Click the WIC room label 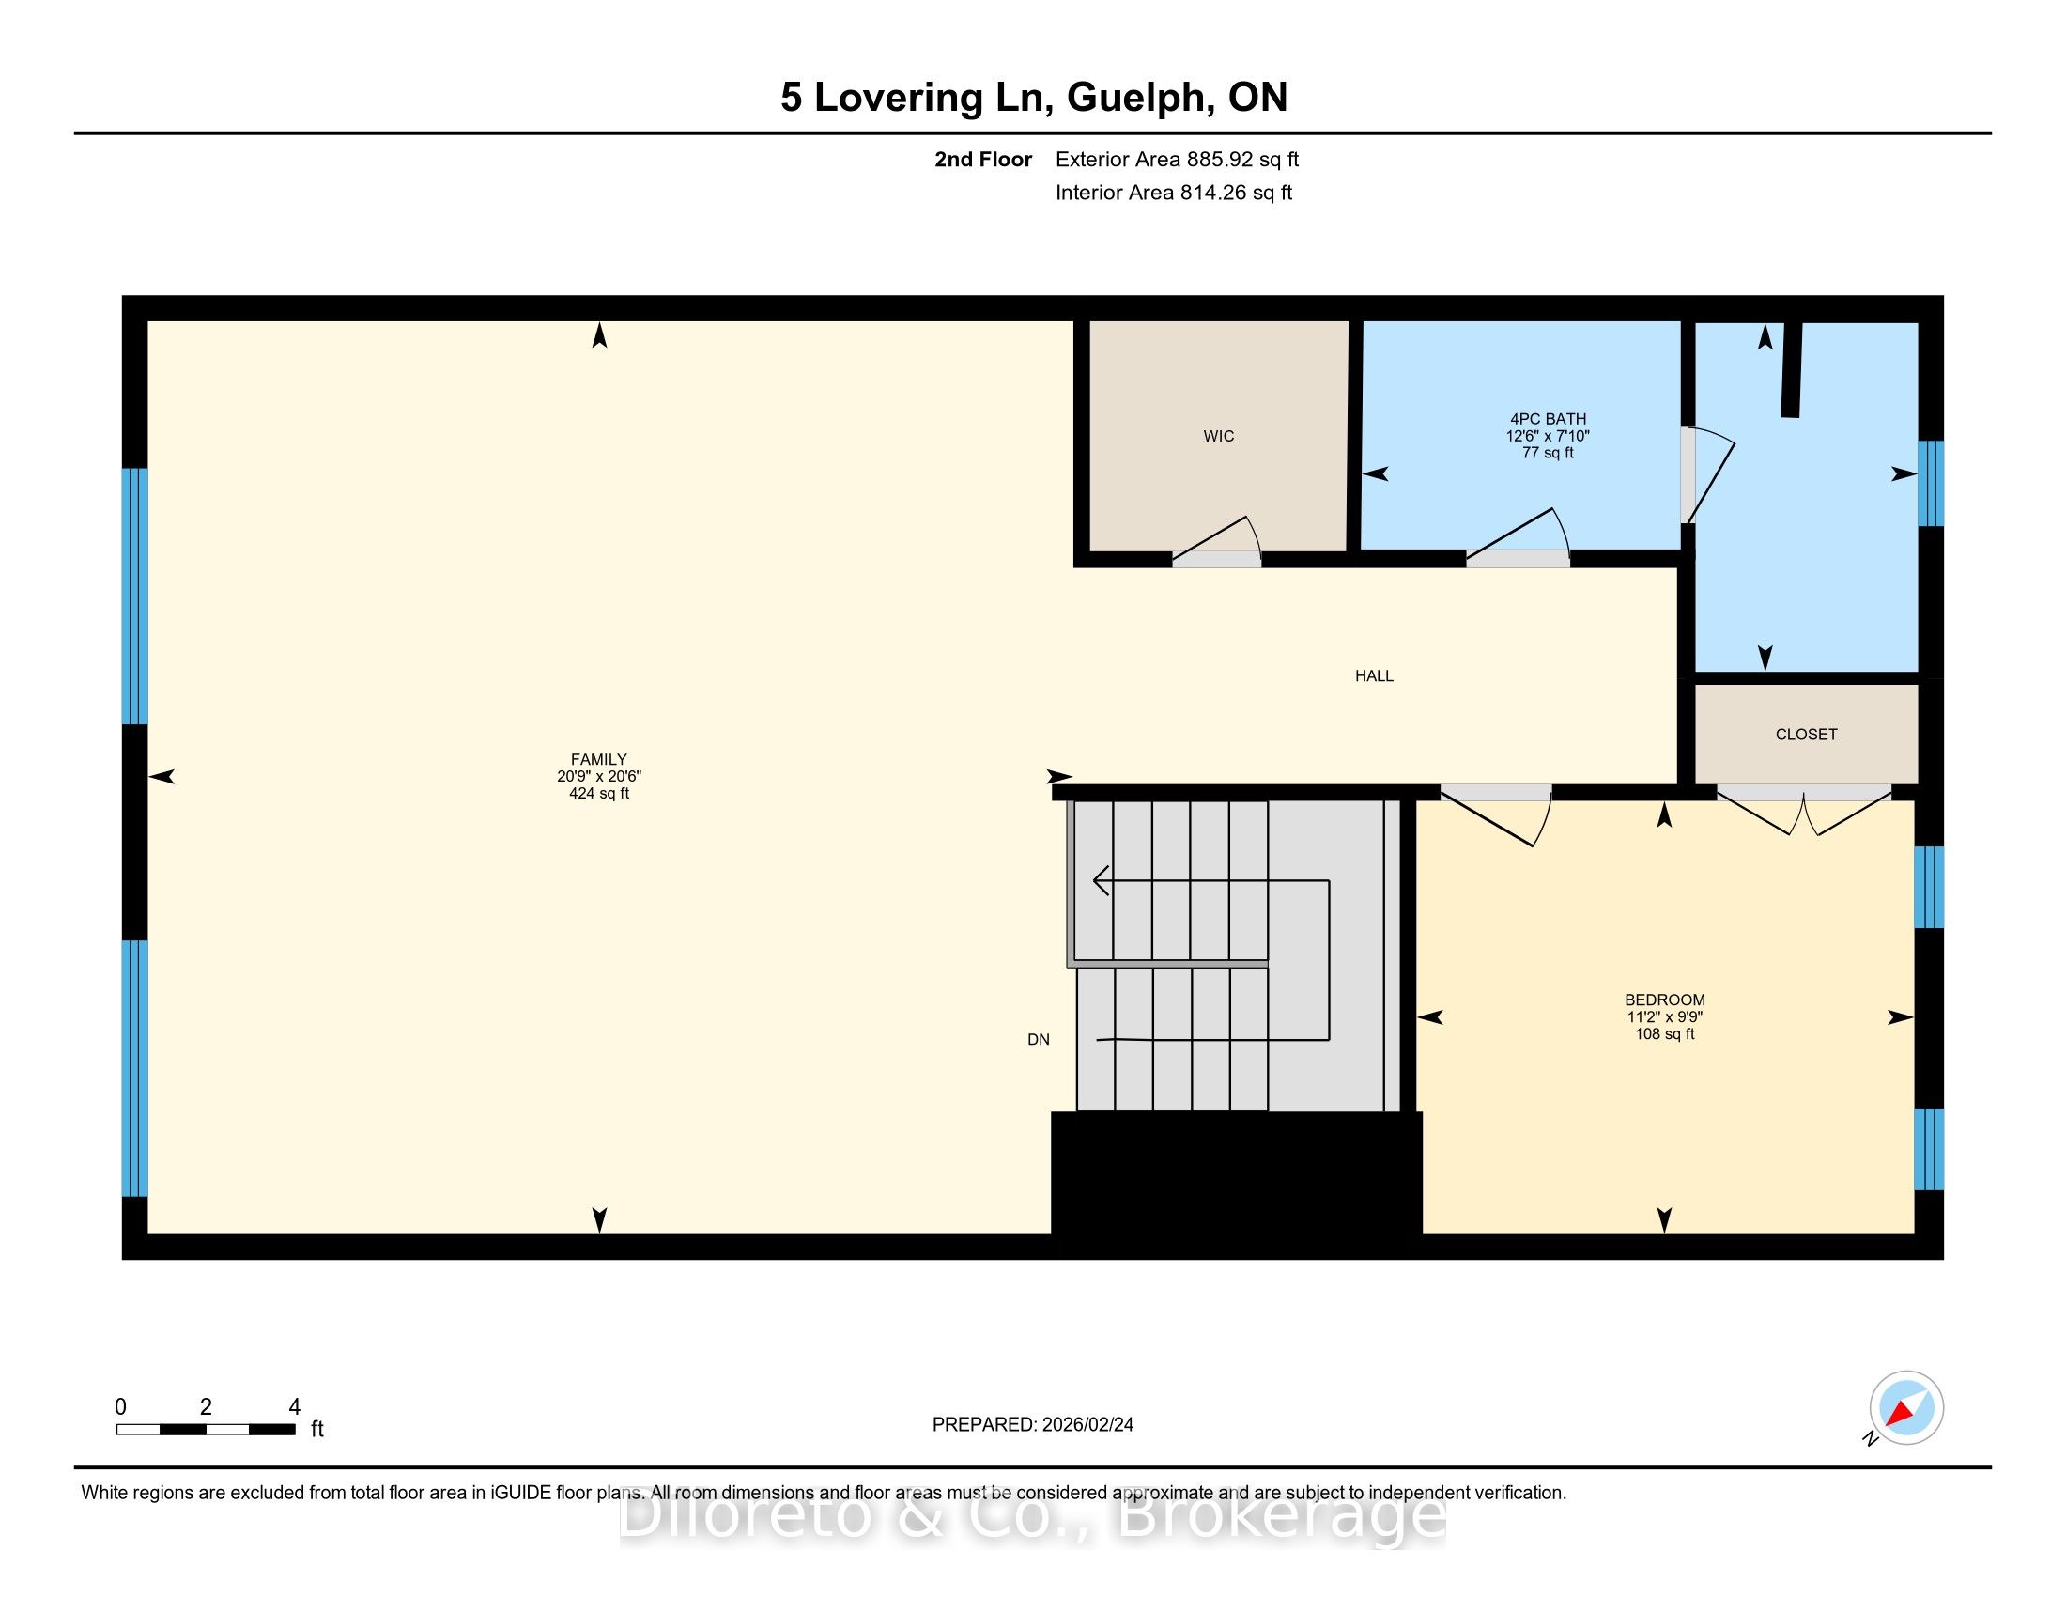(x=1218, y=436)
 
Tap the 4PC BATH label (x=1548, y=419)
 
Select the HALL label (x=1374, y=675)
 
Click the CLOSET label (x=1806, y=735)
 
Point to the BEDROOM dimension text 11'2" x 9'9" (x=1665, y=1017)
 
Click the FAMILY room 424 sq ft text (x=599, y=794)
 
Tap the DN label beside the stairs (x=1039, y=1040)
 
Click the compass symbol (x=1906, y=1408)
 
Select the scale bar (x=206, y=1430)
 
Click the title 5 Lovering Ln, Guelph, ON (x=1034, y=98)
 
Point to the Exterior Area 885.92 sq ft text (x=1177, y=160)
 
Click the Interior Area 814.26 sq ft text (x=1174, y=193)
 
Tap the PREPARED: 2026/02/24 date (x=1033, y=1425)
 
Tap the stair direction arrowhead (x=1102, y=881)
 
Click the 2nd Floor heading (x=983, y=160)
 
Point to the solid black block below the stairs (x=1237, y=1185)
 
